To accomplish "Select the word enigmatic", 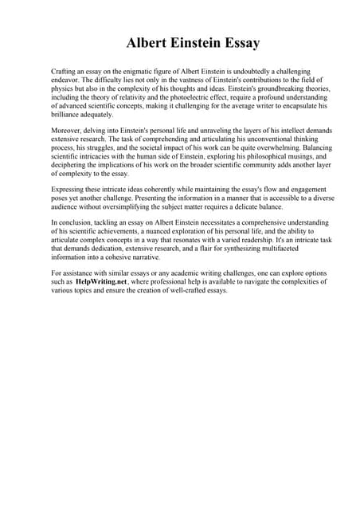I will coord(148,71).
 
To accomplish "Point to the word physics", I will coord(64,88).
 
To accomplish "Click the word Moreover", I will coord(68,127).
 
